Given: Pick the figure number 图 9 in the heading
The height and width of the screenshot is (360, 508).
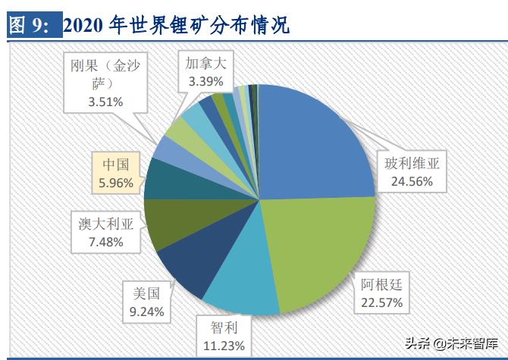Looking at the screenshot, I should point(28,24).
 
